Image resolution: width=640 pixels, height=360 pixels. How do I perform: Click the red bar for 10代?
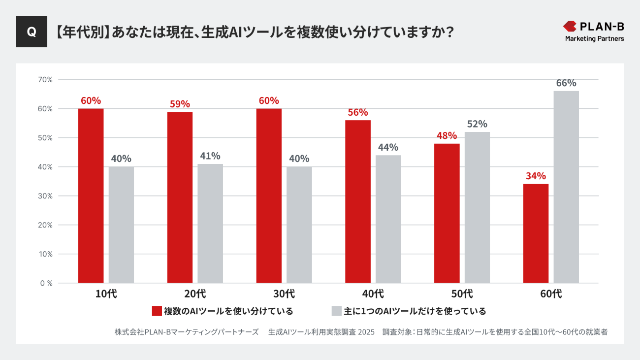[91, 196]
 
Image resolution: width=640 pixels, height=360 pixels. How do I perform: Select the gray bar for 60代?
[566, 187]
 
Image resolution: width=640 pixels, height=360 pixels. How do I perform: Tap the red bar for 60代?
[536, 233]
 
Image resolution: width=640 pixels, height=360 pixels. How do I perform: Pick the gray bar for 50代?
[477, 207]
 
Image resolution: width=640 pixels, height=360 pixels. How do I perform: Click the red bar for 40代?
[358, 201]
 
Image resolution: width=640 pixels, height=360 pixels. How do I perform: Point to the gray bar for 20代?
[210, 224]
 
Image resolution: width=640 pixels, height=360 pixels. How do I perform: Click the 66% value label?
[566, 83]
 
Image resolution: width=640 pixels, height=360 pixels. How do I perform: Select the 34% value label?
[536, 176]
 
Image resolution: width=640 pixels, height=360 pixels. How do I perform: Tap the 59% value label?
[180, 104]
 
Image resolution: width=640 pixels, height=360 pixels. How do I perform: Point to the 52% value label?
[477, 124]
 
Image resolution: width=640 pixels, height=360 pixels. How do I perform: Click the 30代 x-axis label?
[284, 294]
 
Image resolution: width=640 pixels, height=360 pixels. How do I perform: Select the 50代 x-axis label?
[462, 294]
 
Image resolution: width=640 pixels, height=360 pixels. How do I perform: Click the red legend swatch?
[157, 311]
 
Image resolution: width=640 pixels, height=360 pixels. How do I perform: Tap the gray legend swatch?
[337, 311]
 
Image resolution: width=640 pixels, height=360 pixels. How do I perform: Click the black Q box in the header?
[32, 32]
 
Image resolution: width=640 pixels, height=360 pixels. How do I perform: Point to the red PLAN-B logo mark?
[570, 26]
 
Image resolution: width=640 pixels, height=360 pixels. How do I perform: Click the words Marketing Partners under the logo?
[594, 38]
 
